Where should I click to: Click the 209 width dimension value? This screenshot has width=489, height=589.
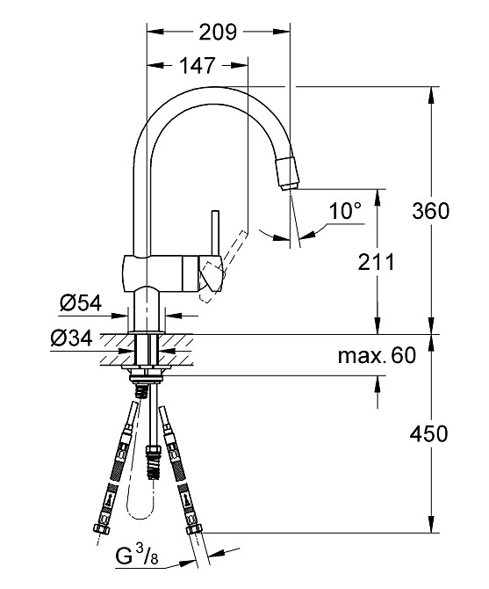pyautogui.click(x=218, y=33)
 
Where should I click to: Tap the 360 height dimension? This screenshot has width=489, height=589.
pyautogui.click(x=430, y=211)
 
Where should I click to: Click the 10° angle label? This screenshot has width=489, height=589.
pyautogui.click(x=345, y=211)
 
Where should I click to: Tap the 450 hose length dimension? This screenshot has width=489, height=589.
pyautogui.click(x=430, y=433)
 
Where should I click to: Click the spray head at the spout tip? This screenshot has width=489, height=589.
pyautogui.click(x=289, y=171)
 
